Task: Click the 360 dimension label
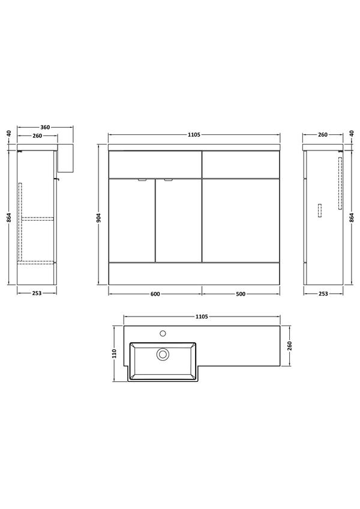(x=45, y=127)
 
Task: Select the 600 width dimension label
(x=155, y=294)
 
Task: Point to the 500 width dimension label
(x=241, y=294)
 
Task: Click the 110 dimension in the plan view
(x=114, y=354)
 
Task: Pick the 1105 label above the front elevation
(x=194, y=135)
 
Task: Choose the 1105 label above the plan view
(x=202, y=317)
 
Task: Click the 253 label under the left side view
(x=37, y=293)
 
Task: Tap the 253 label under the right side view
(x=323, y=294)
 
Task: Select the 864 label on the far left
(x=9, y=218)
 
